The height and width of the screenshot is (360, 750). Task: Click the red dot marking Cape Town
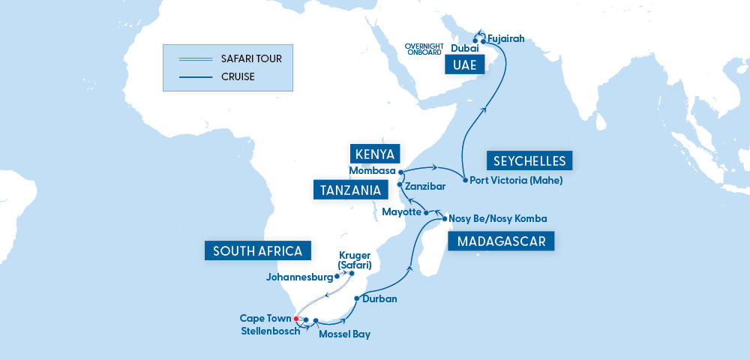tap(297, 319)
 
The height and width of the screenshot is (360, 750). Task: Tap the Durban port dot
tap(356, 298)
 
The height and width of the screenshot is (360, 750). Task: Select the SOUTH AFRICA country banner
tap(257, 250)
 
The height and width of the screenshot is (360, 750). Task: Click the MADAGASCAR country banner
tap(501, 241)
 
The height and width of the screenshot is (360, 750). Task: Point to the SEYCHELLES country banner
tap(530, 160)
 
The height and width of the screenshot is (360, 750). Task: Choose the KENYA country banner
tap(376, 154)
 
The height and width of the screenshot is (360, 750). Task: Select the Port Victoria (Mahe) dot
tap(465, 181)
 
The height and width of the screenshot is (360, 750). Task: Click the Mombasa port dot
tap(401, 172)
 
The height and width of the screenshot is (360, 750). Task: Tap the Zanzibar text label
tap(427, 184)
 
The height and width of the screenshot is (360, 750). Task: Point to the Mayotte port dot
tap(426, 213)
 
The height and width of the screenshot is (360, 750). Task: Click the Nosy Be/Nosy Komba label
tap(497, 219)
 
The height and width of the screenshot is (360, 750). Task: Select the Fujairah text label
tap(505, 38)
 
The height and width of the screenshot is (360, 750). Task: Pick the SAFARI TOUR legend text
tap(252, 58)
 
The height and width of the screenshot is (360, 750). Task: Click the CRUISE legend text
tap(238, 76)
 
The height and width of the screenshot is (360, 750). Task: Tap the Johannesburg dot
tap(337, 277)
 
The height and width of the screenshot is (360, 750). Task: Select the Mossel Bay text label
tap(344, 334)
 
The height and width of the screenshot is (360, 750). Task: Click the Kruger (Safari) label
tap(355, 260)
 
